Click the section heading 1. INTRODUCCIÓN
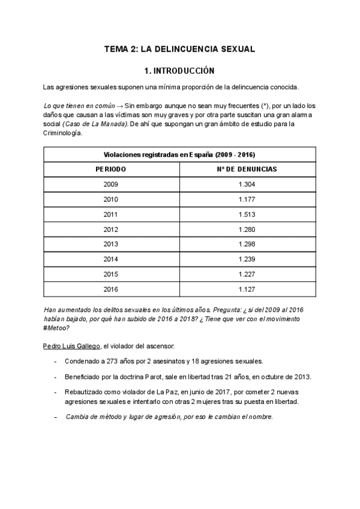180,70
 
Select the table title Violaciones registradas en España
179,154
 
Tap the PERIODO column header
111,169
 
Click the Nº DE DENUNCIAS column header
247,169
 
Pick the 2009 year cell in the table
111,184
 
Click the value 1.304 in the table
247,184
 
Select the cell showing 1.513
247,214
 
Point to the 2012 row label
111,229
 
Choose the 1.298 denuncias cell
247,244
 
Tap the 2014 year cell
111,259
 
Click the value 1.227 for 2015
247,274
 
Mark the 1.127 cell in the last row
247,289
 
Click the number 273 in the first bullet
115,361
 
